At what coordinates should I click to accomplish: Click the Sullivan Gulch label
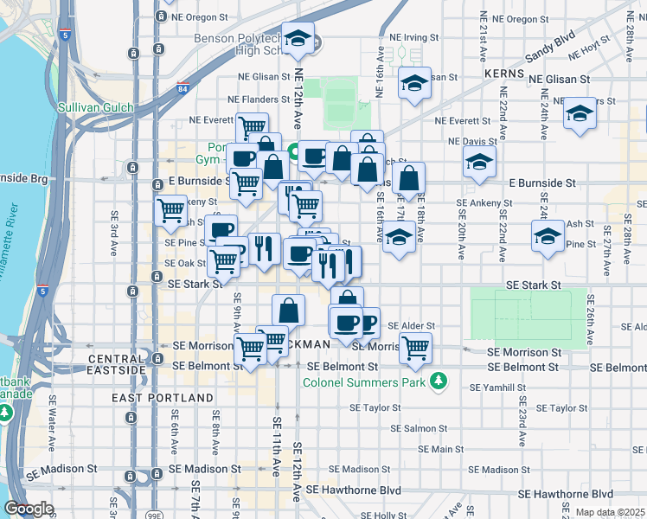(x=95, y=107)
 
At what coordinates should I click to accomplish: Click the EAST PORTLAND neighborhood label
(x=163, y=397)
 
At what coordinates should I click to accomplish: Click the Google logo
(x=29, y=509)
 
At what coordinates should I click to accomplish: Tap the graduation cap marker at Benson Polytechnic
(x=298, y=39)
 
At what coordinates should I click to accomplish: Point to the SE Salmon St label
(x=419, y=428)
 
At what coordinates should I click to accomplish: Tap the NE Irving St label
(x=414, y=38)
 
